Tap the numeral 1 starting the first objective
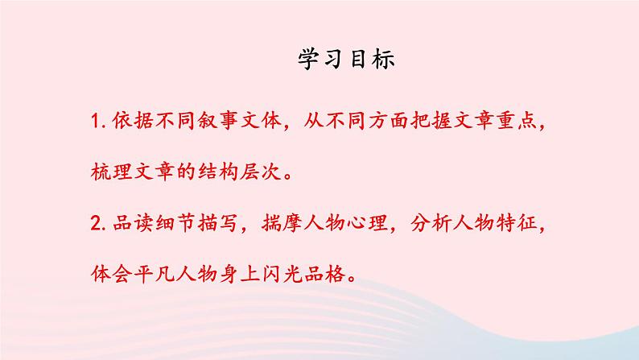pos(97,122)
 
